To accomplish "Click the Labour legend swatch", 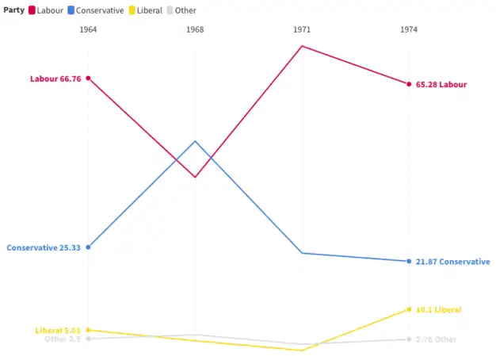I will [32, 10].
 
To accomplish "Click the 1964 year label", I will [88, 29].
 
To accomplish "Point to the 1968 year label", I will [195, 29].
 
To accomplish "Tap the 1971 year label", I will [302, 29].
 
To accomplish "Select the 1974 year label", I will [409, 29].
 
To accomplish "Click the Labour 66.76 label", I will [56, 79].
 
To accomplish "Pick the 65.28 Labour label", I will [441, 84].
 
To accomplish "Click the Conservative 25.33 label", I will [44, 247].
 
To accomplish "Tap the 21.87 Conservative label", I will [452, 262].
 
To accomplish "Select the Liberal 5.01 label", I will [58, 330].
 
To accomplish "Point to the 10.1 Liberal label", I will [438, 309].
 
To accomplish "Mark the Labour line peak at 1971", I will [302, 46].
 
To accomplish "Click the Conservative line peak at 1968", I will [195, 141].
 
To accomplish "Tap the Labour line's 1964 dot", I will [88, 79].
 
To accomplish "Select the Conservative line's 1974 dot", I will [409, 262].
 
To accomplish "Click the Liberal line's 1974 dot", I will [409, 309].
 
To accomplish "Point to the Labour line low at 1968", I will [195, 177].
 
